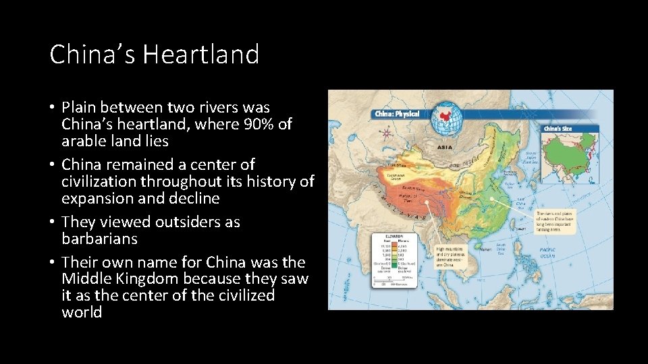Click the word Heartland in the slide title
click(x=202, y=54)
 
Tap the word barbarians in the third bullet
click(x=99, y=239)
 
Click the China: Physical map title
click(x=398, y=114)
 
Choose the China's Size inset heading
click(x=558, y=128)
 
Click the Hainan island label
click(x=480, y=248)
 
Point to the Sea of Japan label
click(x=529, y=154)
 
